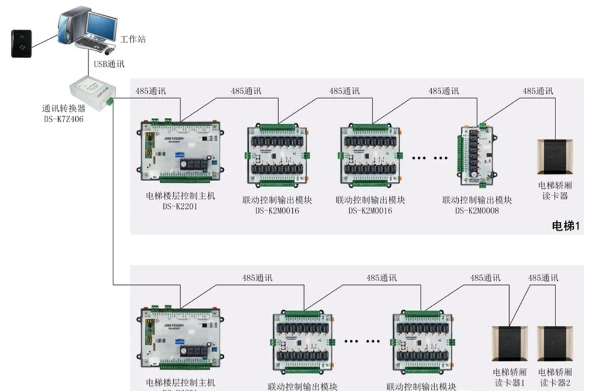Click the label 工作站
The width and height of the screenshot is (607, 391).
click(133, 40)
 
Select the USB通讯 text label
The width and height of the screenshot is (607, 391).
click(109, 64)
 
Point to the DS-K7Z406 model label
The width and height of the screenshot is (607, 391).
click(63, 119)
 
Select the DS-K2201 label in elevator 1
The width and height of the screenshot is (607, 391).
click(180, 207)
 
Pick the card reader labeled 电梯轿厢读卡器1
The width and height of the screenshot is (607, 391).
click(509, 343)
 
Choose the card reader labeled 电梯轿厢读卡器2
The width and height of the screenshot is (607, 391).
click(554, 343)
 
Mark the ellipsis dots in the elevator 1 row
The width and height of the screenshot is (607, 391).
click(429, 158)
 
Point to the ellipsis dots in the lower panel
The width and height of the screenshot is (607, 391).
click(362, 341)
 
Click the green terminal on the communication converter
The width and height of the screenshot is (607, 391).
click(110, 100)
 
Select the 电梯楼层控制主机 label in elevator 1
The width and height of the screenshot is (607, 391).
click(180, 196)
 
